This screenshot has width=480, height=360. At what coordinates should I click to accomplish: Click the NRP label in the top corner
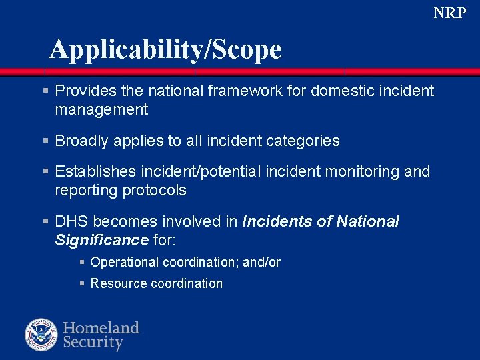coord(449,13)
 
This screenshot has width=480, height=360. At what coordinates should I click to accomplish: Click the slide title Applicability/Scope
coord(165,49)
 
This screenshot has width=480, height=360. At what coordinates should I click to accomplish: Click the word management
coord(101,109)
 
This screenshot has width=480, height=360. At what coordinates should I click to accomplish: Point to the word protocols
coord(155,190)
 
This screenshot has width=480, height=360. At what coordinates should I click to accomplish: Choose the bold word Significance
coord(101,239)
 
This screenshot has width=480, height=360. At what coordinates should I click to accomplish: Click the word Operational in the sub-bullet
coord(125,263)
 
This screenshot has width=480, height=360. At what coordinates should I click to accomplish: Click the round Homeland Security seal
coord(41,334)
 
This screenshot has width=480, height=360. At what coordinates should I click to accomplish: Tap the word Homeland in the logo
coord(101,327)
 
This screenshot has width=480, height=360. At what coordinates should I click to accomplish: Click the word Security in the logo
coord(93,343)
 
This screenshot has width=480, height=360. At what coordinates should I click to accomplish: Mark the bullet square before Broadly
coord(45,141)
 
